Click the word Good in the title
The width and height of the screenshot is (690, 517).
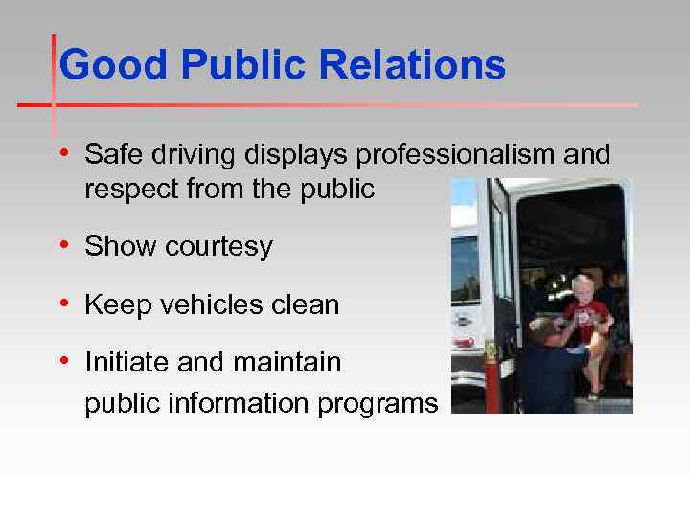pos(113,66)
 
